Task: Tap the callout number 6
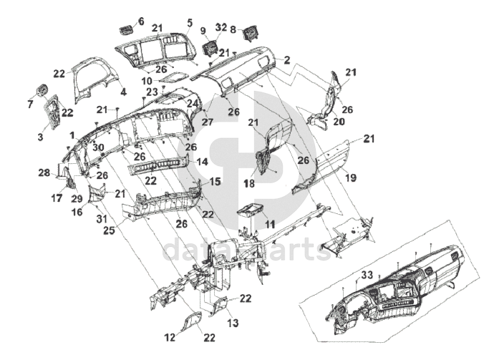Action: point(140,21)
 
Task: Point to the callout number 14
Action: point(203,162)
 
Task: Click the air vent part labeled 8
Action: point(250,33)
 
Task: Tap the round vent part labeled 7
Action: point(41,91)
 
